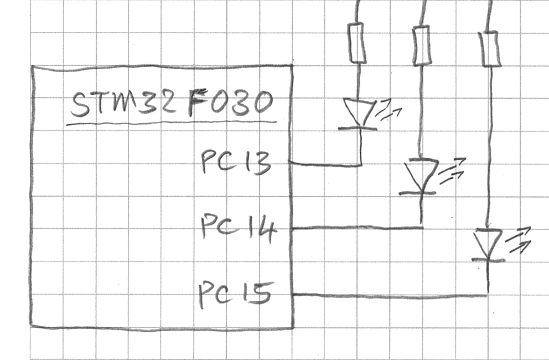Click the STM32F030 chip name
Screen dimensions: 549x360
pos(172,104)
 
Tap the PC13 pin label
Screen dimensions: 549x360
pos(236,162)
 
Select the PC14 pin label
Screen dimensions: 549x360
pos(239,228)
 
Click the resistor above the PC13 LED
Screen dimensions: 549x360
pos(357,43)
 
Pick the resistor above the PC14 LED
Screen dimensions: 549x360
pos(422,45)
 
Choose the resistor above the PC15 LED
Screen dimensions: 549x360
pos(490,49)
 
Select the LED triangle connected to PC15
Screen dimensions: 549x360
pos(489,244)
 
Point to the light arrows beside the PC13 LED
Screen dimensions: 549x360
pos(389,110)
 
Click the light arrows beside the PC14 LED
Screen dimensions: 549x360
pos(452,171)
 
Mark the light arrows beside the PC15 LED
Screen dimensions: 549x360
pos(518,240)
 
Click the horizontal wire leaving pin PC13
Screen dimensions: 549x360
pos(325,164)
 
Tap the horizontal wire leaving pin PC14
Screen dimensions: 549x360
pos(358,228)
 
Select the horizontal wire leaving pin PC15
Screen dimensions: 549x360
pos(390,296)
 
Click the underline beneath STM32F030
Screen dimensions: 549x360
pos(172,123)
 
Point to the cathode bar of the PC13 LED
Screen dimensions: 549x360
pos(358,129)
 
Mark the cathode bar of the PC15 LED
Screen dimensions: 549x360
pos(489,260)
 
